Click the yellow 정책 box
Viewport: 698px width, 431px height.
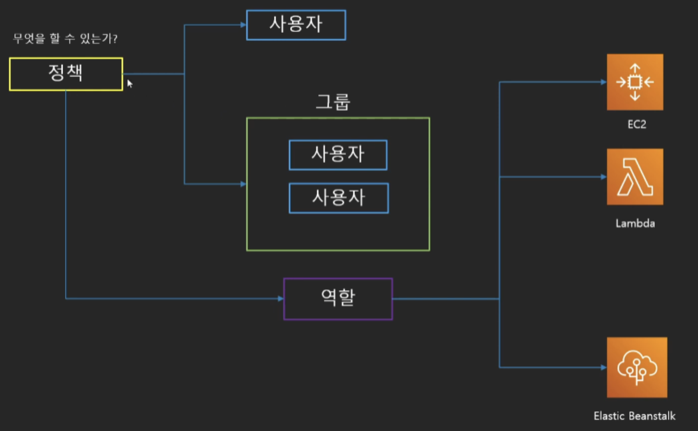[x=66, y=74]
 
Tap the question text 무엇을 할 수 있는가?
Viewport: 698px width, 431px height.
[x=65, y=39]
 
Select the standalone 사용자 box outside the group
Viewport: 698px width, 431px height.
[x=296, y=25]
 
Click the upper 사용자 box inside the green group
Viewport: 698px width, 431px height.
[x=338, y=155]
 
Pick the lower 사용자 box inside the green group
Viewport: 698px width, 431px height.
[x=338, y=198]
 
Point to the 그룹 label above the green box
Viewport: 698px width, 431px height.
[x=333, y=102]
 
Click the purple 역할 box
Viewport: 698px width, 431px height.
[x=338, y=299]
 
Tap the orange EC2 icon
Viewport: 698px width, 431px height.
[x=635, y=82]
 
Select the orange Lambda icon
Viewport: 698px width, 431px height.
[x=635, y=177]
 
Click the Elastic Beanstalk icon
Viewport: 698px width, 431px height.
[x=637, y=367]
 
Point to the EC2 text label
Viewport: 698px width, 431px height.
[x=637, y=124]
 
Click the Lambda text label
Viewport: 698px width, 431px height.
[x=635, y=224]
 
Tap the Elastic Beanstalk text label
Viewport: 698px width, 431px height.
[x=634, y=416]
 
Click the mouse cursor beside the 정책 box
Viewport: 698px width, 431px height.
[x=130, y=84]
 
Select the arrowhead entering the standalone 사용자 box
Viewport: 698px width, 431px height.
[x=243, y=25]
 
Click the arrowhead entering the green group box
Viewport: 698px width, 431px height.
[x=243, y=184]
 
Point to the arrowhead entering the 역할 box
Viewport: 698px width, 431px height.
[x=280, y=299]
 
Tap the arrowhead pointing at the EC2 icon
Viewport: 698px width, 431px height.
[x=604, y=82]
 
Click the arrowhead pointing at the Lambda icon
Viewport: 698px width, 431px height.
[x=604, y=177]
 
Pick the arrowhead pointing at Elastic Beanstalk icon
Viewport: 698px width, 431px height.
[x=604, y=367]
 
